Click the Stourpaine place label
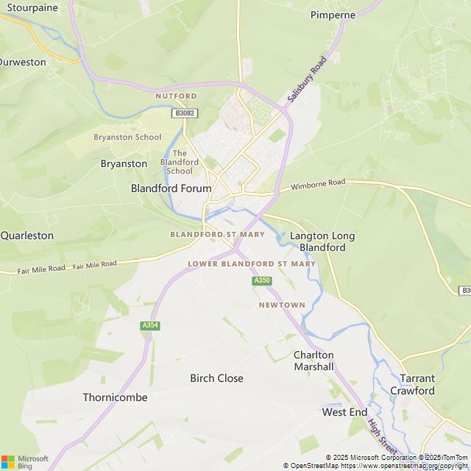pyautogui.click(x=32, y=7)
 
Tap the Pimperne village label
pyautogui.click(x=333, y=15)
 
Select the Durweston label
pyautogui.click(x=22, y=62)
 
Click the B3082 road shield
pyautogui.click(x=185, y=113)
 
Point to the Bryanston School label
pyautogui.click(x=127, y=137)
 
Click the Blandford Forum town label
pyautogui.click(x=171, y=188)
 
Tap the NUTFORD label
pyautogui.click(x=176, y=96)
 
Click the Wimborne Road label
pyautogui.click(x=318, y=183)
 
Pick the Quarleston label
pyautogui.click(x=27, y=235)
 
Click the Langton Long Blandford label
pyautogui.click(x=322, y=241)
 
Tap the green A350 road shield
pyautogui.click(x=262, y=280)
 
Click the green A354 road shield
pyautogui.click(x=150, y=325)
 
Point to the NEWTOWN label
pyautogui.click(x=282, y=305)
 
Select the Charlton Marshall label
pyautogui.click(x=314, y=361)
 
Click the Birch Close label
pyautogui.click(x=216, y=378)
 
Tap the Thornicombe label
pyautogui.click(x=115, y=397)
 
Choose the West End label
pyautogui.click(x=344, y=412)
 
